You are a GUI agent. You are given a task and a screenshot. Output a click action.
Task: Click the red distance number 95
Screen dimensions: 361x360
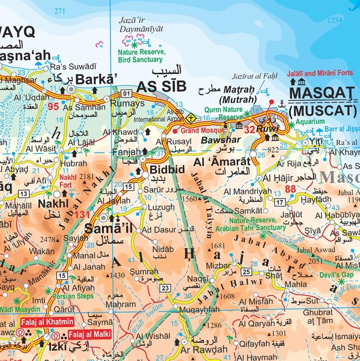click(53, 107)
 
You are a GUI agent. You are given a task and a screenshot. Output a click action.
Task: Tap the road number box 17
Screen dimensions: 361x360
click(280, 202)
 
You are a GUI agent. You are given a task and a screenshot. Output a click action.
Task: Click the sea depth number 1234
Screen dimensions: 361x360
click(334, 20)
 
